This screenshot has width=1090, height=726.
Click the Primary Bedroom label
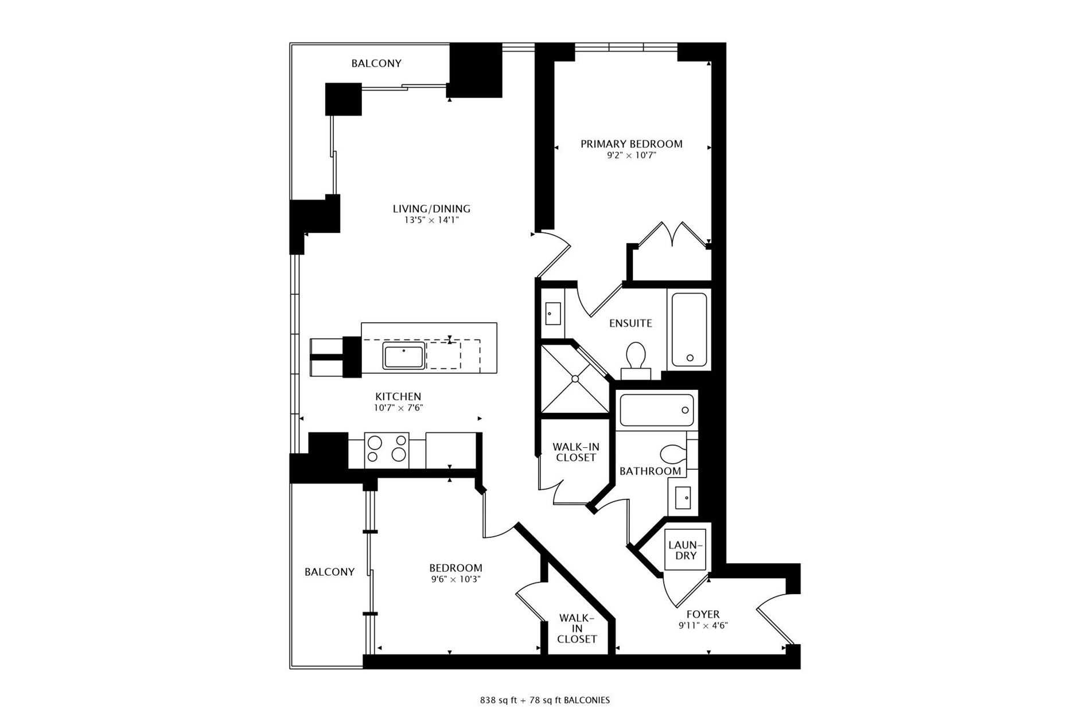click(x=631, y=144)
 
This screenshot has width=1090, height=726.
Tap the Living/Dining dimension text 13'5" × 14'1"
click(x=431, y=220)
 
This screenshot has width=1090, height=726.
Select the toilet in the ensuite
click(x=636, y=360)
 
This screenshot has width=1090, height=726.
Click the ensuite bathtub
click(x=689, y=330)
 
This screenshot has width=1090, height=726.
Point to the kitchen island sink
click(x=404, y=356)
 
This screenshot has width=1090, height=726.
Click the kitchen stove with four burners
click(x=387, y=450)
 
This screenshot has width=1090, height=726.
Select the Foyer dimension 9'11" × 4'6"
click(x=703, y=626)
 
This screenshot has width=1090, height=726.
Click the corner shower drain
click(x=574, y=378)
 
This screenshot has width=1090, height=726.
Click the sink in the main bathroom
click(x=683, y=498)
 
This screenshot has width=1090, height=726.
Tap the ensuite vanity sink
click(x=552, y=313)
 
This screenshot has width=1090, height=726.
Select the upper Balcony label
click(x=376, y=64)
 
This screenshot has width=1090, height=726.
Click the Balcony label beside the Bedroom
click(x=329, y=572)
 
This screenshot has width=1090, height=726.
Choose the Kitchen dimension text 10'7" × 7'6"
click(x=398, y=408)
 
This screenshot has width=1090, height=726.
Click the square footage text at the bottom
click(x=545, y=700)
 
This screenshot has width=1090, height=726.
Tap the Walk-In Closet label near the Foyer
click(x=577, y=629)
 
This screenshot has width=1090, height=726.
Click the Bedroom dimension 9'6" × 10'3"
click(x=456, y=579)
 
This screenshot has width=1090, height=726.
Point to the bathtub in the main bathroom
click(x=657, y=410)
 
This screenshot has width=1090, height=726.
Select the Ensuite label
click(x=630, y=323)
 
